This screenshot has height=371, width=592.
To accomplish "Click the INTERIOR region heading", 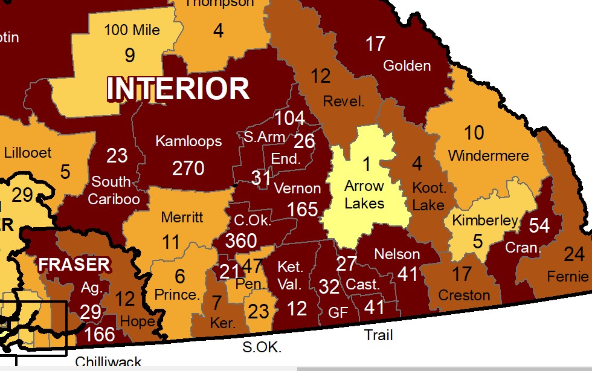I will pos(178,89).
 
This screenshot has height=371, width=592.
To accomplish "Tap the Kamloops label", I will pos(188,141).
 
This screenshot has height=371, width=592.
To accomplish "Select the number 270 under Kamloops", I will pos(188,167).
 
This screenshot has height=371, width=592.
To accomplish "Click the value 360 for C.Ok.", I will pos(241,240).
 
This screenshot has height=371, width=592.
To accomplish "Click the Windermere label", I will pos(488,156).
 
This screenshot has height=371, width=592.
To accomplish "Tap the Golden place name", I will pos(407,65).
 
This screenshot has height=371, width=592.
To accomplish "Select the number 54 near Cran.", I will pos(539,226).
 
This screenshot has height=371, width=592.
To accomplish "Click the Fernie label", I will pos(567,277).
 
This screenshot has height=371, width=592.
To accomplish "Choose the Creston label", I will pos(464,295).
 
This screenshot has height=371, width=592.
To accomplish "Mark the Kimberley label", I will pos(485,221).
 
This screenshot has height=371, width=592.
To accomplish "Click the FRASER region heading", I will pos(74,264).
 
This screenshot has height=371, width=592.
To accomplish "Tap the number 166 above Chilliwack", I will pos(100,334).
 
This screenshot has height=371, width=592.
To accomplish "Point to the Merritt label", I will pos(182,218).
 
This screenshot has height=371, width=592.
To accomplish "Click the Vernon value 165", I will pos(303,209).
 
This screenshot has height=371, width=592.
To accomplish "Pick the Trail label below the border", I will pos(379,335).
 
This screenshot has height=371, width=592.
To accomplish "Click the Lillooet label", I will pos(28,152).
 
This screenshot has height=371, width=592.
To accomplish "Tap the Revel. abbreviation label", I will pos(344,102).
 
